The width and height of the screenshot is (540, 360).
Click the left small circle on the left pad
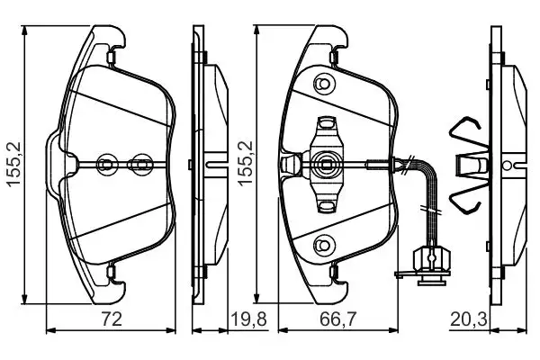[104, 164]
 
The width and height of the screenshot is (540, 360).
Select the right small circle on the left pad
[139, 164]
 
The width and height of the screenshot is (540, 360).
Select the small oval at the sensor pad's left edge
[290, 164]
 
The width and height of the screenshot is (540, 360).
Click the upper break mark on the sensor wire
[410, 164]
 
